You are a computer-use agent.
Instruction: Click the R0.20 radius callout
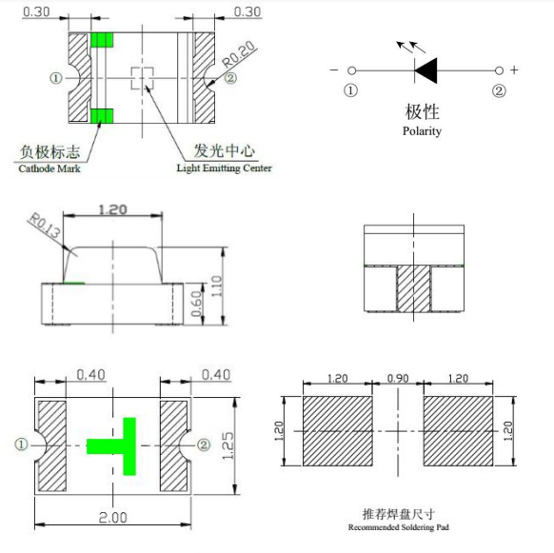[239, 54]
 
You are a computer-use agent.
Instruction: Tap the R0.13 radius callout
[45, 225]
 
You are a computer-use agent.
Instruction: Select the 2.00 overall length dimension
[112, 518]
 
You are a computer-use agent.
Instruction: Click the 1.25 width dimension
[228, 445]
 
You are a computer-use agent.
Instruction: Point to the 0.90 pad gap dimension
[398, 379]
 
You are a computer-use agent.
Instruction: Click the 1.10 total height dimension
[216, 286]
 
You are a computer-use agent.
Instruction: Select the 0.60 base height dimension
[196, 304]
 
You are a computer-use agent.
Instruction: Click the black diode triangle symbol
[425, 70]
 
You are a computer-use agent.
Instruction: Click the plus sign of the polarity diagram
[514, 70]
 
